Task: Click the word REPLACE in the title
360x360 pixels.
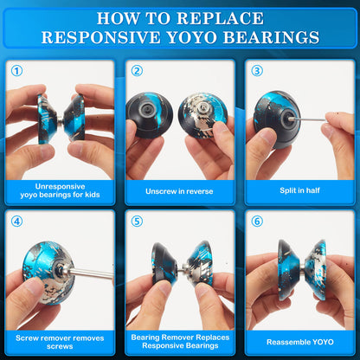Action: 220,18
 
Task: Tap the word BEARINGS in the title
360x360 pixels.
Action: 272,37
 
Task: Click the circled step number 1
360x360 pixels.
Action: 16,71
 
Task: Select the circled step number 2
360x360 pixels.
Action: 137,71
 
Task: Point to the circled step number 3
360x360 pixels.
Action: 257,71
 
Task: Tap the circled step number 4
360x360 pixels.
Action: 16,222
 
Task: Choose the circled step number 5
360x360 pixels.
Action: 137,222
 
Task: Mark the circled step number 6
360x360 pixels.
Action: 257,222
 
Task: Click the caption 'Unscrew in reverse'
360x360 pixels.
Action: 179,191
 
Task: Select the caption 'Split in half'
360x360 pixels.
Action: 299,190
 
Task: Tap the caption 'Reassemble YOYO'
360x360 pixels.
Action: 300,342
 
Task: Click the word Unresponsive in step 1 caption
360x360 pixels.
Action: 60,186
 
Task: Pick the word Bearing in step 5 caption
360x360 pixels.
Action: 145,337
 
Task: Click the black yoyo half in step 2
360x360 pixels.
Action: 149,114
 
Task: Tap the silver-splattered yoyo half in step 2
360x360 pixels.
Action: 202,115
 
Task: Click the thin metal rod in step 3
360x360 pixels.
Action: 309,119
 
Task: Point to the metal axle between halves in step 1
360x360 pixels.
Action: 60,119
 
